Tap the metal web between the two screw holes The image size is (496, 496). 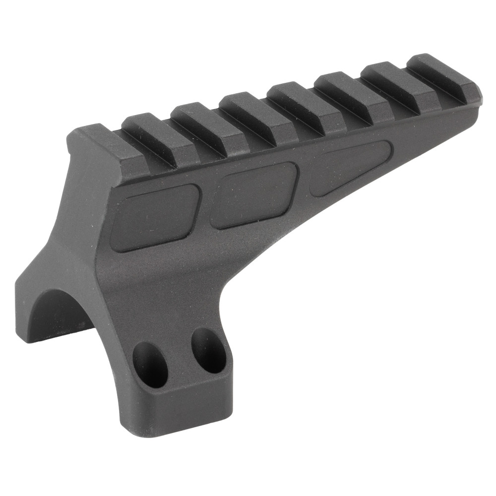point(179,355)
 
